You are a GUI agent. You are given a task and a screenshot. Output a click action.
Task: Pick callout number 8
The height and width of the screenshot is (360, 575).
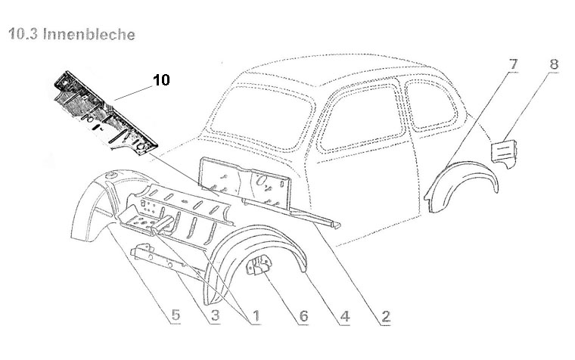pyautogui.click(x=554, y=66)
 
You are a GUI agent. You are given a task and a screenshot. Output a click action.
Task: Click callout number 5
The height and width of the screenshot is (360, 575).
pyautogui.click(x=175, y=315)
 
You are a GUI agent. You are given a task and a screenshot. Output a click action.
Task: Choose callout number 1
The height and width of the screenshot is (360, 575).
pyautogui.click(x=255, y=315)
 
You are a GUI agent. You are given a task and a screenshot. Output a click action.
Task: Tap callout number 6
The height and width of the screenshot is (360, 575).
pyautogui.click(x=303, y=315)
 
